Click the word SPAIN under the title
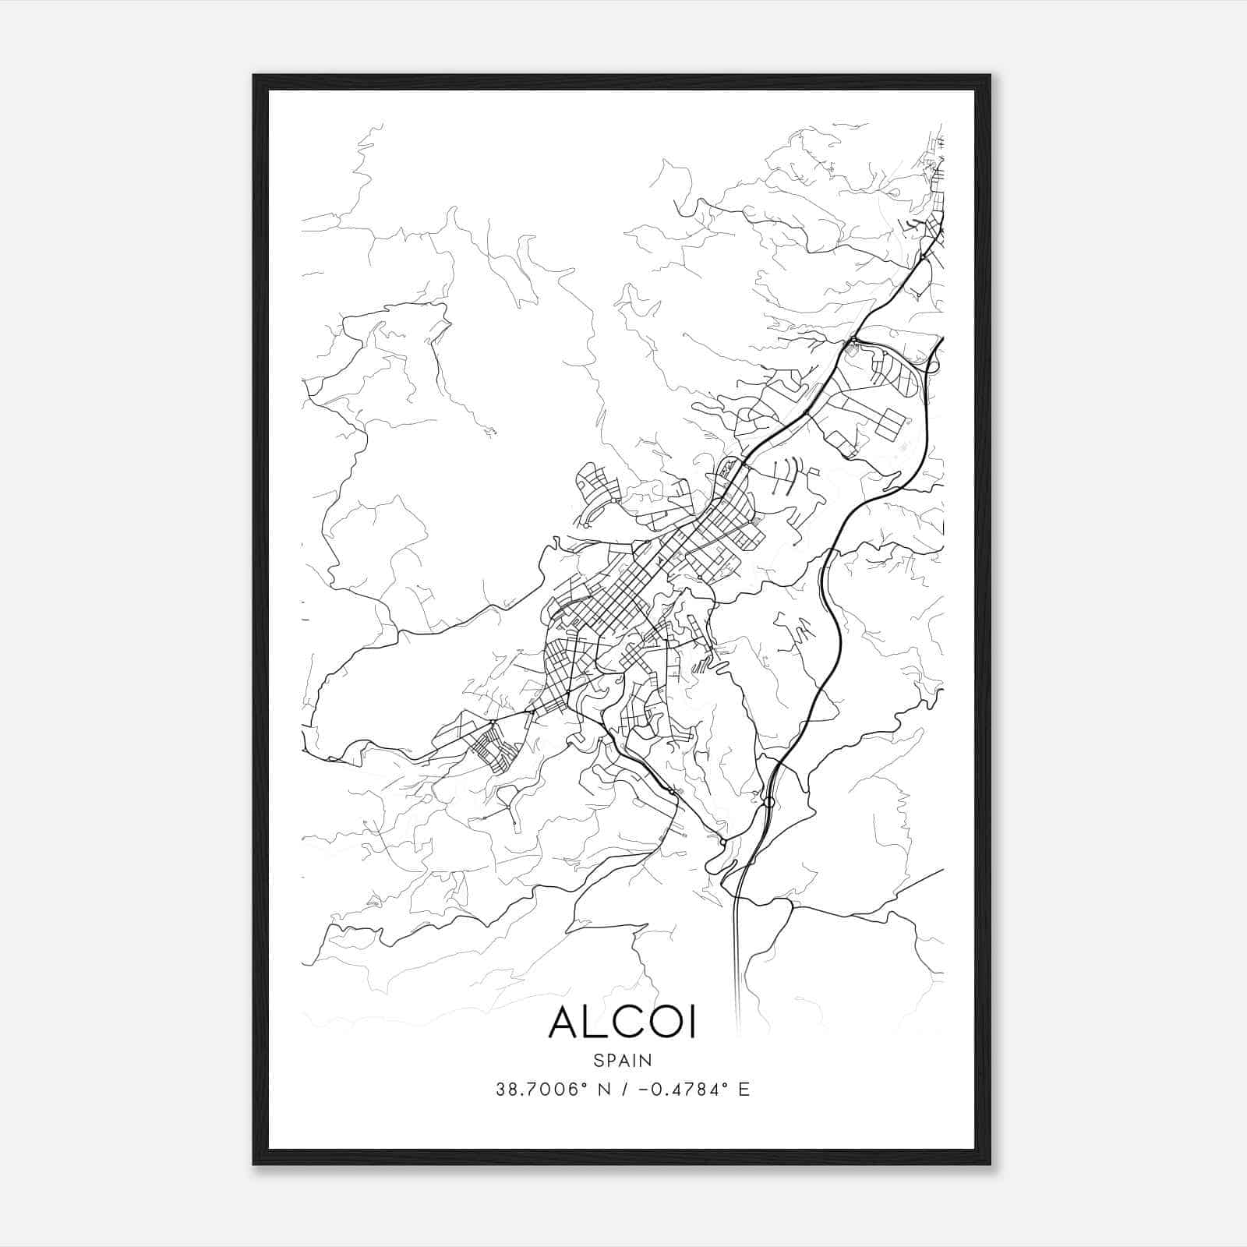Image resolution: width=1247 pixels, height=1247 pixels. click(x=623, y=1060)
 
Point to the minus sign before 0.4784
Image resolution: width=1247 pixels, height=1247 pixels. click(x=643, y=1090)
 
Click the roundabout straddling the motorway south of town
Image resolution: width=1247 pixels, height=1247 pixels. click(x=768, y=802)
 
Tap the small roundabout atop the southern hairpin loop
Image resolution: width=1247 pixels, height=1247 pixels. click(x=723, y=843)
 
